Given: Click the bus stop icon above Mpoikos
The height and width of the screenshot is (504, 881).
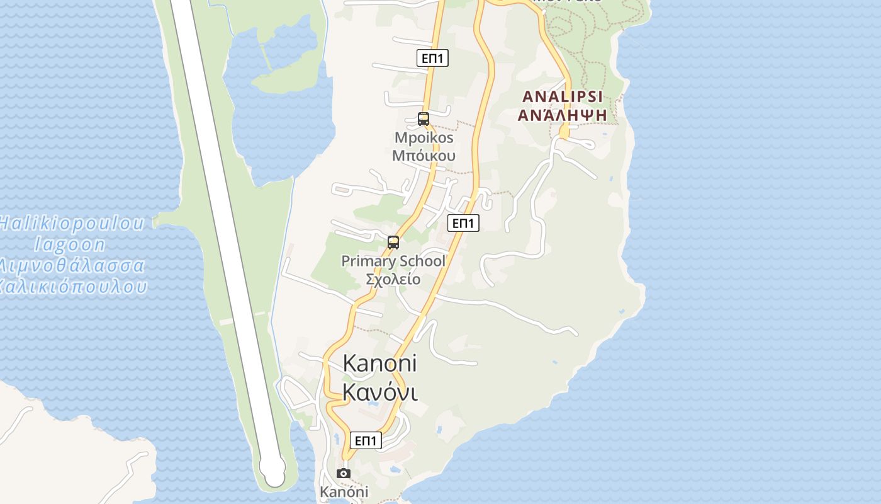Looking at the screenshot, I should point(424,118).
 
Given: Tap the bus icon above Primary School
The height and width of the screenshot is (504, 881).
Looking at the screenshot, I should point(393,242).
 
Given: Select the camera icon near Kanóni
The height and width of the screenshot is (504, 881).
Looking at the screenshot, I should point(344,473).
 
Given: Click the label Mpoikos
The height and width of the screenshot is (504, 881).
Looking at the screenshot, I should point(424,137).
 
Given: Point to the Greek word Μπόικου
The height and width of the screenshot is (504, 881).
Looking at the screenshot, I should point(424,155).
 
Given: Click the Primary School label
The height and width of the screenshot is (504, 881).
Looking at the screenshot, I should point(393,261).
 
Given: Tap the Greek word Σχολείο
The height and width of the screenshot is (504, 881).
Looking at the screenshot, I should point(393,278).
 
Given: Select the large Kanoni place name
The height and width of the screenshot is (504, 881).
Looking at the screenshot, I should point(380,364).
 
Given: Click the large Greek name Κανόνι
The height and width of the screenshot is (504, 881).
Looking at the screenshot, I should point(380,392).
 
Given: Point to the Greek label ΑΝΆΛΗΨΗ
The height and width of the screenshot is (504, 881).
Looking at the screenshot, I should point(562,115).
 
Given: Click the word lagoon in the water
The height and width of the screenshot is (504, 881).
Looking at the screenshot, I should point(70,244).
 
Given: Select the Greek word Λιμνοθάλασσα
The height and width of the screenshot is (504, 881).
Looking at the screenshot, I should point(72,265).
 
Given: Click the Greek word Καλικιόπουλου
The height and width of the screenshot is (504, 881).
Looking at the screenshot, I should point(73,287).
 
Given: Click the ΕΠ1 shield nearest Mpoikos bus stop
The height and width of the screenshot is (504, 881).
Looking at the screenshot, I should point(432,59).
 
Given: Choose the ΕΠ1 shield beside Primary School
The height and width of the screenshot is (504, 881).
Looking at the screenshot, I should point(463,223).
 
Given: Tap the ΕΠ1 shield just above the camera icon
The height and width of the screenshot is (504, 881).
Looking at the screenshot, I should point(366,440).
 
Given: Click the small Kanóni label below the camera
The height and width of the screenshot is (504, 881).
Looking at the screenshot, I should point(344,492).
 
